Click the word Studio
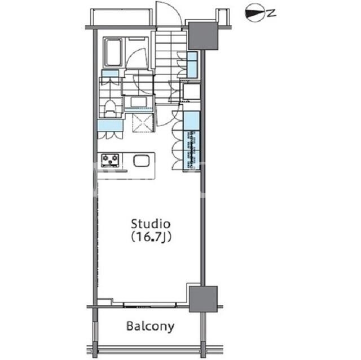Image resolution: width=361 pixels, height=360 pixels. coord(151,224)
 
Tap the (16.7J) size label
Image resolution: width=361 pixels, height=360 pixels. coord(151,237)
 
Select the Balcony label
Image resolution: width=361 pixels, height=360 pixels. coord(151,326)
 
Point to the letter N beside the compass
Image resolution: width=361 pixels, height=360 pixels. coord(272,13)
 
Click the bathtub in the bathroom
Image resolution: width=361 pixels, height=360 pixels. coord(113,52)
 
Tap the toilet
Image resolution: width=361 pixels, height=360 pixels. coord(111,109)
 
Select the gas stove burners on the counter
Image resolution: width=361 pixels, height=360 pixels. coord(111,160)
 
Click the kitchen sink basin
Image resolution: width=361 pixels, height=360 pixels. coord(142,161)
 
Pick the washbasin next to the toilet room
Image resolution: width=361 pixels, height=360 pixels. coord(139,103)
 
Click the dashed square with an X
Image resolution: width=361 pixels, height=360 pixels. coord(143,123)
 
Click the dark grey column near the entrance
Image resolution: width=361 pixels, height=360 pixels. coord(203,35)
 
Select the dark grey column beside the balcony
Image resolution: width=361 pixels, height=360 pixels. coord(203,299)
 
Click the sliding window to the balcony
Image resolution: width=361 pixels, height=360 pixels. coord(150,305)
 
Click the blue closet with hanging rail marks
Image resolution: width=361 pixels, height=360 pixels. coord(191,150)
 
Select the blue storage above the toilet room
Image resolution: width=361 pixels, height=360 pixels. coord(110,74)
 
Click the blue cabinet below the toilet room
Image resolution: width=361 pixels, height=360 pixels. coord(110,126)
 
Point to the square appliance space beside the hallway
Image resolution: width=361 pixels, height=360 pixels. coord(191,92)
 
